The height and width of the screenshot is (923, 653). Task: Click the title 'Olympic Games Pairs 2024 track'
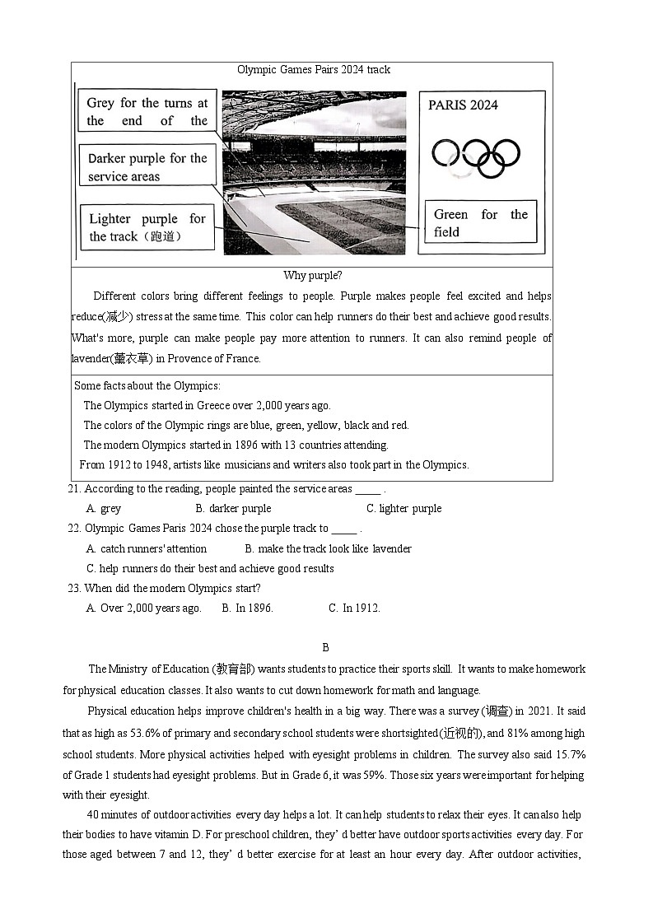click(x=314, y=70)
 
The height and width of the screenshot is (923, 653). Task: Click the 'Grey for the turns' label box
click(x=147, y=112)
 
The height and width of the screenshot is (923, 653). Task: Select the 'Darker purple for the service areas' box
click(x=147, y=167)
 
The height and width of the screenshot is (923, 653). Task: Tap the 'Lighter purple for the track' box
click(x=147, y=227)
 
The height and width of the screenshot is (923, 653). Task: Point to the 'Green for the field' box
click(x=480, y=223)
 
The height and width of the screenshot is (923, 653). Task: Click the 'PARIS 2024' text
click(x=463, y=105)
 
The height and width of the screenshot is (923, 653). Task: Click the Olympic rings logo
click(x=476, y=156)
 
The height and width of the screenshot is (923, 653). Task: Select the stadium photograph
click(x=315, y=173)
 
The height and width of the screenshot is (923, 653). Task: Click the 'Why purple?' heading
click(x=312, y=275)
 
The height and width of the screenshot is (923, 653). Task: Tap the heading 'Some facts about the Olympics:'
click(x=147, y=385)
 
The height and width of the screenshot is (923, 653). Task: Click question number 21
click(x=74, y=489)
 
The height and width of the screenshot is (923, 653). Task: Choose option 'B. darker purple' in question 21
click(x=233, y=509)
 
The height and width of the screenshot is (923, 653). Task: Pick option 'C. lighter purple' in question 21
click(x=403, y=509)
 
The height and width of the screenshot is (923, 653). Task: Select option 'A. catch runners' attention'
click(x=147, y=548)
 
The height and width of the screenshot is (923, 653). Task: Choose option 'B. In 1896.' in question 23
click(x=247, y=608)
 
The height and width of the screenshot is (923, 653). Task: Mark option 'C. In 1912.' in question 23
click(x=354, y=608)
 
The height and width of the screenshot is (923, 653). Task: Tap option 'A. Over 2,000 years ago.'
click(x=144, y=608)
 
